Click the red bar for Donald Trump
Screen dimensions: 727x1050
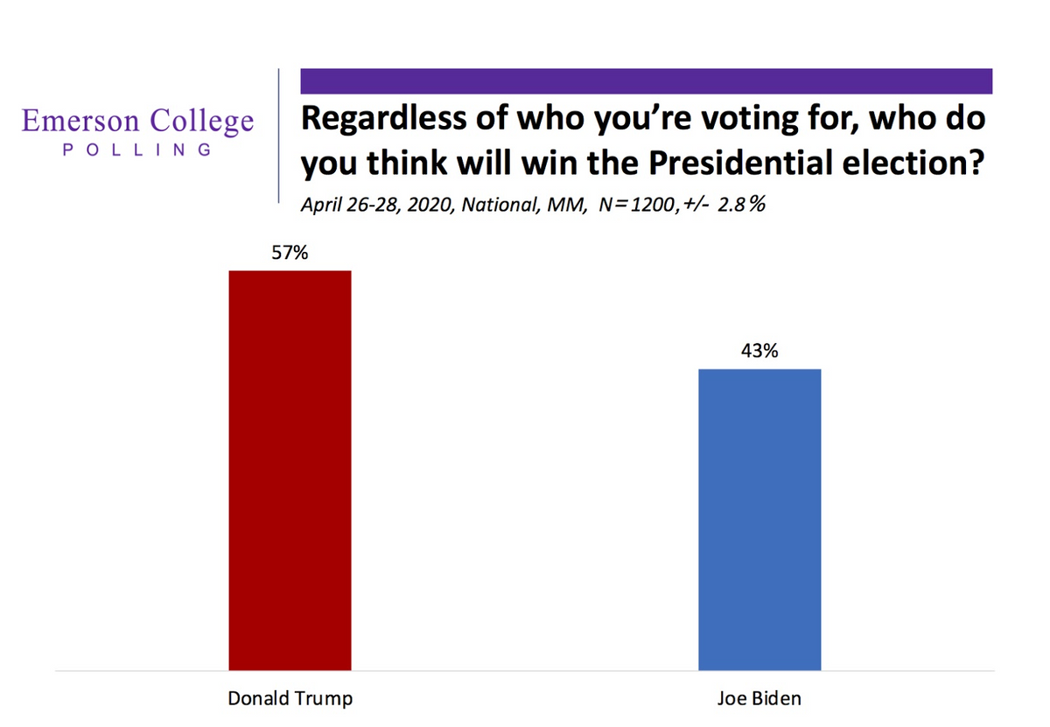click(290, 471)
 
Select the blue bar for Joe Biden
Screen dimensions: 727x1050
click(759, 520)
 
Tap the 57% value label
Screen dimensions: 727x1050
click(290, 253)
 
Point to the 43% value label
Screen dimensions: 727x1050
click(759, 352)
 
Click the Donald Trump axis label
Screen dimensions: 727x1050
click(290, 699)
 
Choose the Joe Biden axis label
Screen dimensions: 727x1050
click(759, 699)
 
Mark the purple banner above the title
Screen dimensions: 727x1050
click(646, 80)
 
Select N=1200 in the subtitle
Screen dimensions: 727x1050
click(623, 206)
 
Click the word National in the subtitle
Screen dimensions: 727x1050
click(486, 206)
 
